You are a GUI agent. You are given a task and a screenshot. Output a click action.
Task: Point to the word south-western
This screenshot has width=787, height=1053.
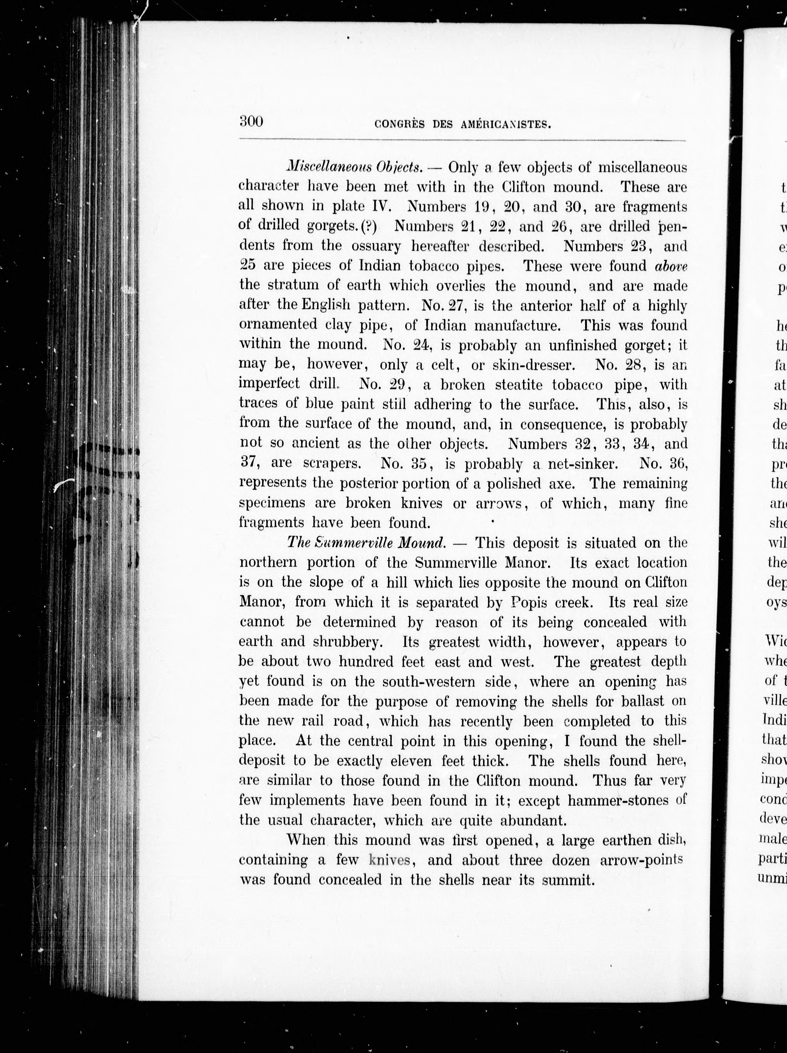click(x=429, y=681)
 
